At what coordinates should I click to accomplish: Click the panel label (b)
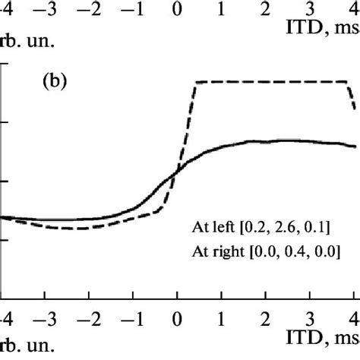click(54, 79)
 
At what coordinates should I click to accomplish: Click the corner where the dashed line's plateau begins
click(196, 82)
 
